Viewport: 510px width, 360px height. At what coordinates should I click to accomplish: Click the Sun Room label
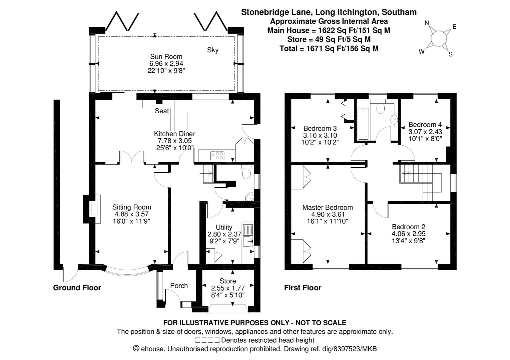tap(166, 56)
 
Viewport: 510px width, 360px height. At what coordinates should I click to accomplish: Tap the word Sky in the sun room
tap(212, 50)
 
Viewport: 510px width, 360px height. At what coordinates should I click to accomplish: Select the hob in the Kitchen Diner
tap(217, 155)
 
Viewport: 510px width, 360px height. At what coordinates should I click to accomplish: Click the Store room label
tap(228, 281)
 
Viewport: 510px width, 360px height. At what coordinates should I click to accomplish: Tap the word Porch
tap(179, 286)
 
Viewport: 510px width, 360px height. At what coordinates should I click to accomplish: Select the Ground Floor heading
tap(77, 288)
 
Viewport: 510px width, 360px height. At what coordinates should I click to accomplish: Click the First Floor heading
tap(303, 288)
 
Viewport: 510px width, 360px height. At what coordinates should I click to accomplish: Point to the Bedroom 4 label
tap(425, 125)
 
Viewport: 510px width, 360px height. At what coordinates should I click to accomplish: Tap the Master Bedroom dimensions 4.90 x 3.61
tap(328, 214)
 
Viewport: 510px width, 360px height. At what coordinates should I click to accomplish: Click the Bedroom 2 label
tap(409, 227)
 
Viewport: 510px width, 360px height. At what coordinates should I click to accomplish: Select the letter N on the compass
tap(427, 23)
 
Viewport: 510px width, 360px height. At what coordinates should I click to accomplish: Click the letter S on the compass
tap(450, 54)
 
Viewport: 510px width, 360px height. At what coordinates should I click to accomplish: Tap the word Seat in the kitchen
tap(162, 111)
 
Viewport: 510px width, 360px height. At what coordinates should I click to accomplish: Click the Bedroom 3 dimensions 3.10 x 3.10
tap(320, 135)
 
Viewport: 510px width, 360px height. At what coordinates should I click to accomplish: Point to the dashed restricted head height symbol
tap(207, 340)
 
